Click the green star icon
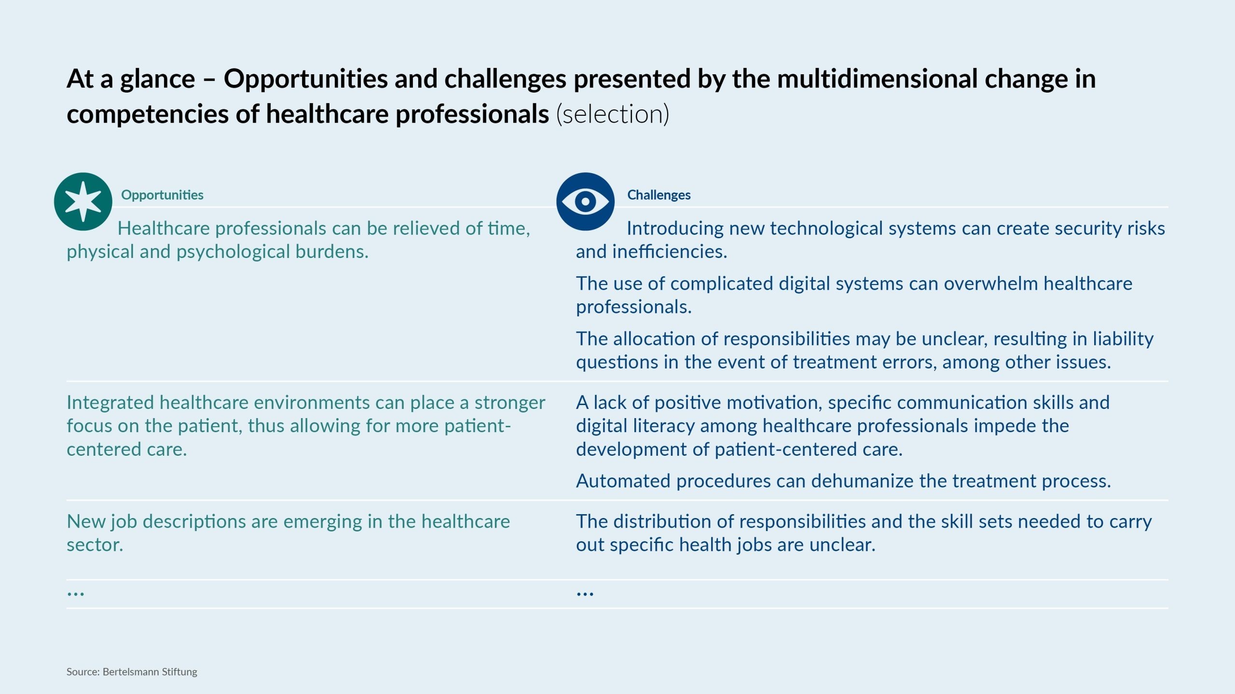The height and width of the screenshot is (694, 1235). coord(83,202)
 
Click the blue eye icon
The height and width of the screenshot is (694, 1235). coord(585,202)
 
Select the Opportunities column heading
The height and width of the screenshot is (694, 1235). coord(162,195)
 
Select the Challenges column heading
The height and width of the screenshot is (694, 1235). coord(659,195)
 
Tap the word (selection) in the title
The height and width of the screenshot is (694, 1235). coord(613,114)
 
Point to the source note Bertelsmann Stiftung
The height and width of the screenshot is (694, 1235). coord(150,672)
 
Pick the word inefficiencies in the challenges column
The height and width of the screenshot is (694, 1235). coord(670,252)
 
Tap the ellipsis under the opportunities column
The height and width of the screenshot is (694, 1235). coord(76,593)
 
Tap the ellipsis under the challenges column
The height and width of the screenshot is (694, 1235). coord(585,593)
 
